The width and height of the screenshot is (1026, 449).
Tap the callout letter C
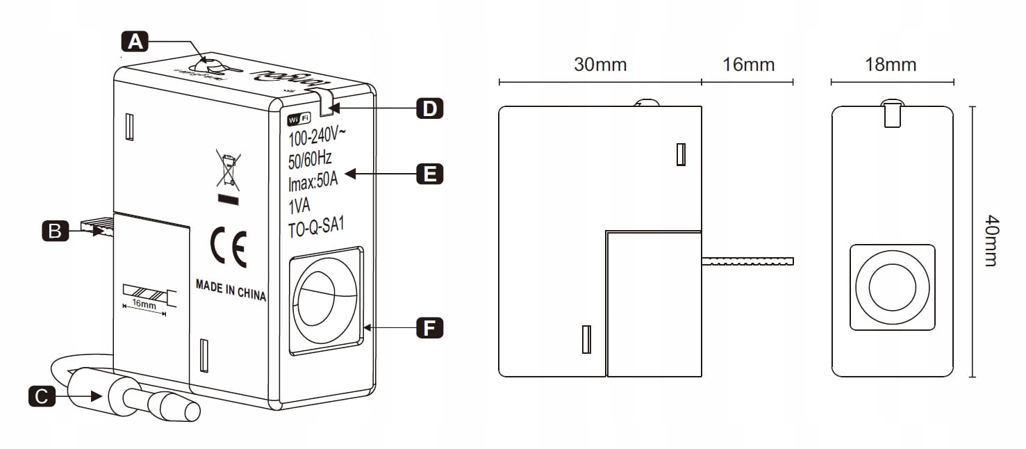[x=41, y=396]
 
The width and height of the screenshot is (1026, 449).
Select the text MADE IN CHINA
[x=231, y=291]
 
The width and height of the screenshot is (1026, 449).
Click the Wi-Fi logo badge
[x=299, y=119]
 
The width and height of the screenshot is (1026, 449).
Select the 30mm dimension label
[x=600, y=65]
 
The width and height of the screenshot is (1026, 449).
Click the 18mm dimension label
[x=890, y=65]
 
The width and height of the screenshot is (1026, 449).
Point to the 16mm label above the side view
[x=748, y=65]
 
